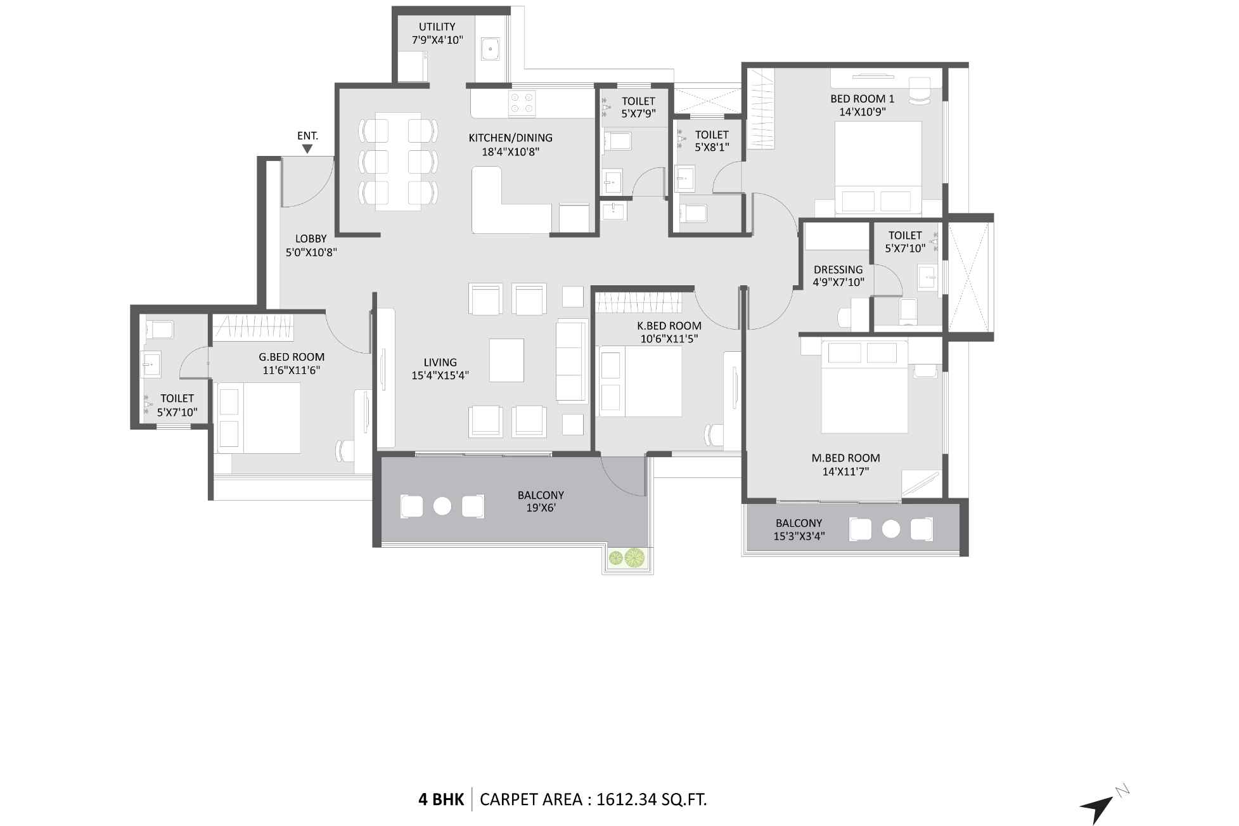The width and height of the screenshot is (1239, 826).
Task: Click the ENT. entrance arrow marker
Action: (x=307, y=149)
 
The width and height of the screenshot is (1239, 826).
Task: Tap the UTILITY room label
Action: (x=437, y=27)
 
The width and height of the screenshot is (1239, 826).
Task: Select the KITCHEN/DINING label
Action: (x=510, y=138)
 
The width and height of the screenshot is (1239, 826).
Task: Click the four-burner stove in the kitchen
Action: (x=522, y=104)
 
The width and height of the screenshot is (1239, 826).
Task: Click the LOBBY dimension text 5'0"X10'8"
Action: (x=311, y=252)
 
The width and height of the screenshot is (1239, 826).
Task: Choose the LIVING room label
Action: (x=440, y=362)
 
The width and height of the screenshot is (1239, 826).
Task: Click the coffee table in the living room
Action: (x=506, y=360)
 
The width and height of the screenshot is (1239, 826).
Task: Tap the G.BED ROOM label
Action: (x=292, y=357)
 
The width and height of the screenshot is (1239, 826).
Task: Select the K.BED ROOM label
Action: (x=669, y=326)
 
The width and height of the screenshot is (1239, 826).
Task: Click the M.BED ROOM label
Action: (x=845, y=458)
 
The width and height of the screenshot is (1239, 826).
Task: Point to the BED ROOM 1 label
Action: (x=862, y=99)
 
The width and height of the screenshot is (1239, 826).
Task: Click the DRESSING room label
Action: (x=838, y=269)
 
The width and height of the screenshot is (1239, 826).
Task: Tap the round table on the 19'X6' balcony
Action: (x=442, y=506)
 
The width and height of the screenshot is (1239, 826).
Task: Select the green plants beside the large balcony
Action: (x=626, y=558)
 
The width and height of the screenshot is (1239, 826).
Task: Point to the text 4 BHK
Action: (x=441, y=799)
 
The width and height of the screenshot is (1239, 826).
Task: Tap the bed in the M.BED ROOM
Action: (x=864, y=387)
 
